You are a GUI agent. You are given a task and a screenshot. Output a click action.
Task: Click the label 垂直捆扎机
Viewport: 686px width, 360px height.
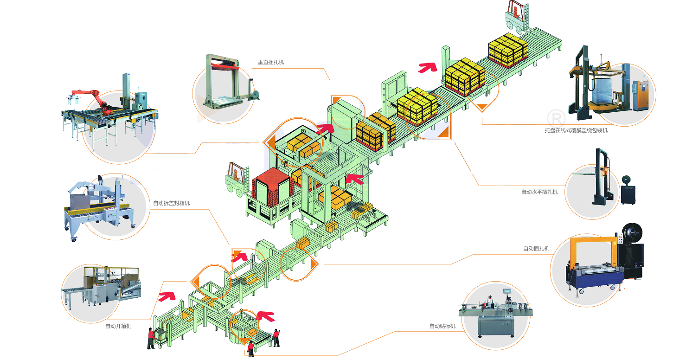pos(271,62)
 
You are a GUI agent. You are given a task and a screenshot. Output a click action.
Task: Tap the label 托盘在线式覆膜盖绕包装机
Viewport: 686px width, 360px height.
pos(576,130)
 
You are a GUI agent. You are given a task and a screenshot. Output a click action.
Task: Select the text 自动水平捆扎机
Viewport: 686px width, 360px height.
pos(539,192)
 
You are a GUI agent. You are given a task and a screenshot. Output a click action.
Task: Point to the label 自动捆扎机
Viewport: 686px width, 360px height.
pos(536,249)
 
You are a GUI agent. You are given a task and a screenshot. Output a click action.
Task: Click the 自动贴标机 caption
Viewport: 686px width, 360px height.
pos(442,326)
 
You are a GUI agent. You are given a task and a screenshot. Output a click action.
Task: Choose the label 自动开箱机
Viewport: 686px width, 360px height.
pos(118,326)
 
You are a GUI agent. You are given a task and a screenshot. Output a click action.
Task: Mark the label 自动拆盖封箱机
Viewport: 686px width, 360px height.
pos(171,203)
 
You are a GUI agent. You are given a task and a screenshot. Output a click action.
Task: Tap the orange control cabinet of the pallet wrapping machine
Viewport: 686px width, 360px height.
pos(642,95)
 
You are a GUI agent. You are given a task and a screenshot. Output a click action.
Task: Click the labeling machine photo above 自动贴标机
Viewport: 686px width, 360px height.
pos(495,315)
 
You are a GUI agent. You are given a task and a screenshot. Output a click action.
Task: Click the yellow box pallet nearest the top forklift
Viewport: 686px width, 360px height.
pos(508,50)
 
